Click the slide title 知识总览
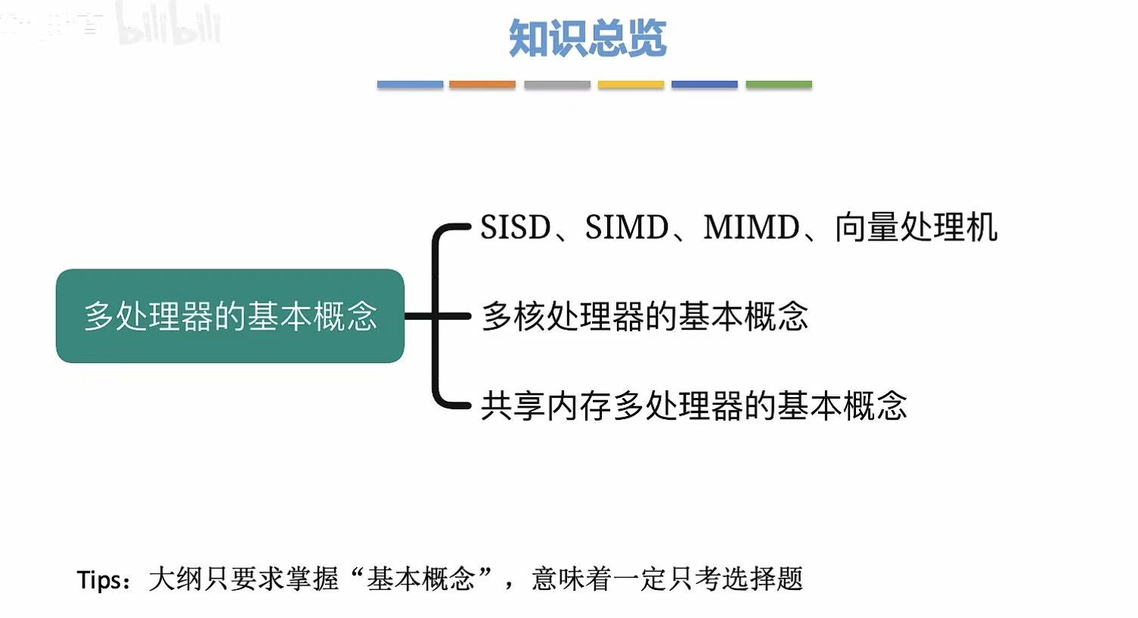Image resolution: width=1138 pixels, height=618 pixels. pos(587,38)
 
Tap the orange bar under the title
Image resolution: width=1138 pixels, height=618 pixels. pos(482,85)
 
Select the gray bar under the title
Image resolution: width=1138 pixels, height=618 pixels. pos(557,85)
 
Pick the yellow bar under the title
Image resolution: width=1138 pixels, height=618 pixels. pos(631,85)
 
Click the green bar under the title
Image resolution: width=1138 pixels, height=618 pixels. pos(779,85)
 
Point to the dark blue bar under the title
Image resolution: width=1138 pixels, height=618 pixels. pos(704,85)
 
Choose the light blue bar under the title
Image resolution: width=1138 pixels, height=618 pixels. pos(410,85)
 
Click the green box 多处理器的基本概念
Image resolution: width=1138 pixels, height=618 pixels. pos(230,316)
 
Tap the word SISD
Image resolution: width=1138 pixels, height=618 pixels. pos(516,228)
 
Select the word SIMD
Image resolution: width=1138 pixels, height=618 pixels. pos(627,228)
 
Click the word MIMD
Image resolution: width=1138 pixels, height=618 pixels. pos(752,228)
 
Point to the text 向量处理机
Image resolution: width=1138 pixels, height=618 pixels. pos(916,228)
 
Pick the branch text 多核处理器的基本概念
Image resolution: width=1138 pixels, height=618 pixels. pos(645,316)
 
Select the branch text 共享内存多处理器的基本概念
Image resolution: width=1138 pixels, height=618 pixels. pos(693,406)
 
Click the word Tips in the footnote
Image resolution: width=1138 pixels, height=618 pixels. pos(98,580)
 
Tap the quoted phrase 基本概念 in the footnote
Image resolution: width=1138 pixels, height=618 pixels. pos(420,579)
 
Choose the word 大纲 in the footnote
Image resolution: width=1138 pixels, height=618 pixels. pos(175,579)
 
